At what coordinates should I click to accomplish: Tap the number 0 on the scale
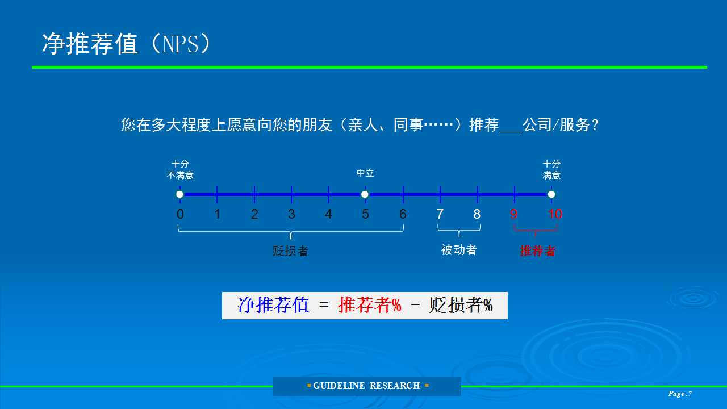[180, 214]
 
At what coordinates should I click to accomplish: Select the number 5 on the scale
[365, 214]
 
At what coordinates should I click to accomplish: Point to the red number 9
[514, 214]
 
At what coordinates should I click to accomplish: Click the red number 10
[555, 214]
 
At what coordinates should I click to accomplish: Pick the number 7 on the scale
[440, 214]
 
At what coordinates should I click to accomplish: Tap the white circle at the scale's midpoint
[365, 194]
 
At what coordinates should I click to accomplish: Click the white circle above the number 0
[180, 194]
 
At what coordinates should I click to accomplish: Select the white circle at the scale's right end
[551, 194]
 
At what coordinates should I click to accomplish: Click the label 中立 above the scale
[365, 173]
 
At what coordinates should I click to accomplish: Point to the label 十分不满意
[180, 169]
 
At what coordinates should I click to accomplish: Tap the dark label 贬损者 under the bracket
[290, 251]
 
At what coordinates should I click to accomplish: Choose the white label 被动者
[458, 250]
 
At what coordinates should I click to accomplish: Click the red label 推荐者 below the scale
[537, 251]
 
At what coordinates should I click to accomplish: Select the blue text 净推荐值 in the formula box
[274, 306]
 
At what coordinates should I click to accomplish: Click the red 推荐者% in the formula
[370, 306]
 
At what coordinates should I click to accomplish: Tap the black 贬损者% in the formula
[461, 306]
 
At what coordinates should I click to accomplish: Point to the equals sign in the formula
[324, 305]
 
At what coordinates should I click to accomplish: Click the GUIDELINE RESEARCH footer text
[366, 386]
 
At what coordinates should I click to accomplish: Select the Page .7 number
[680, 394]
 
